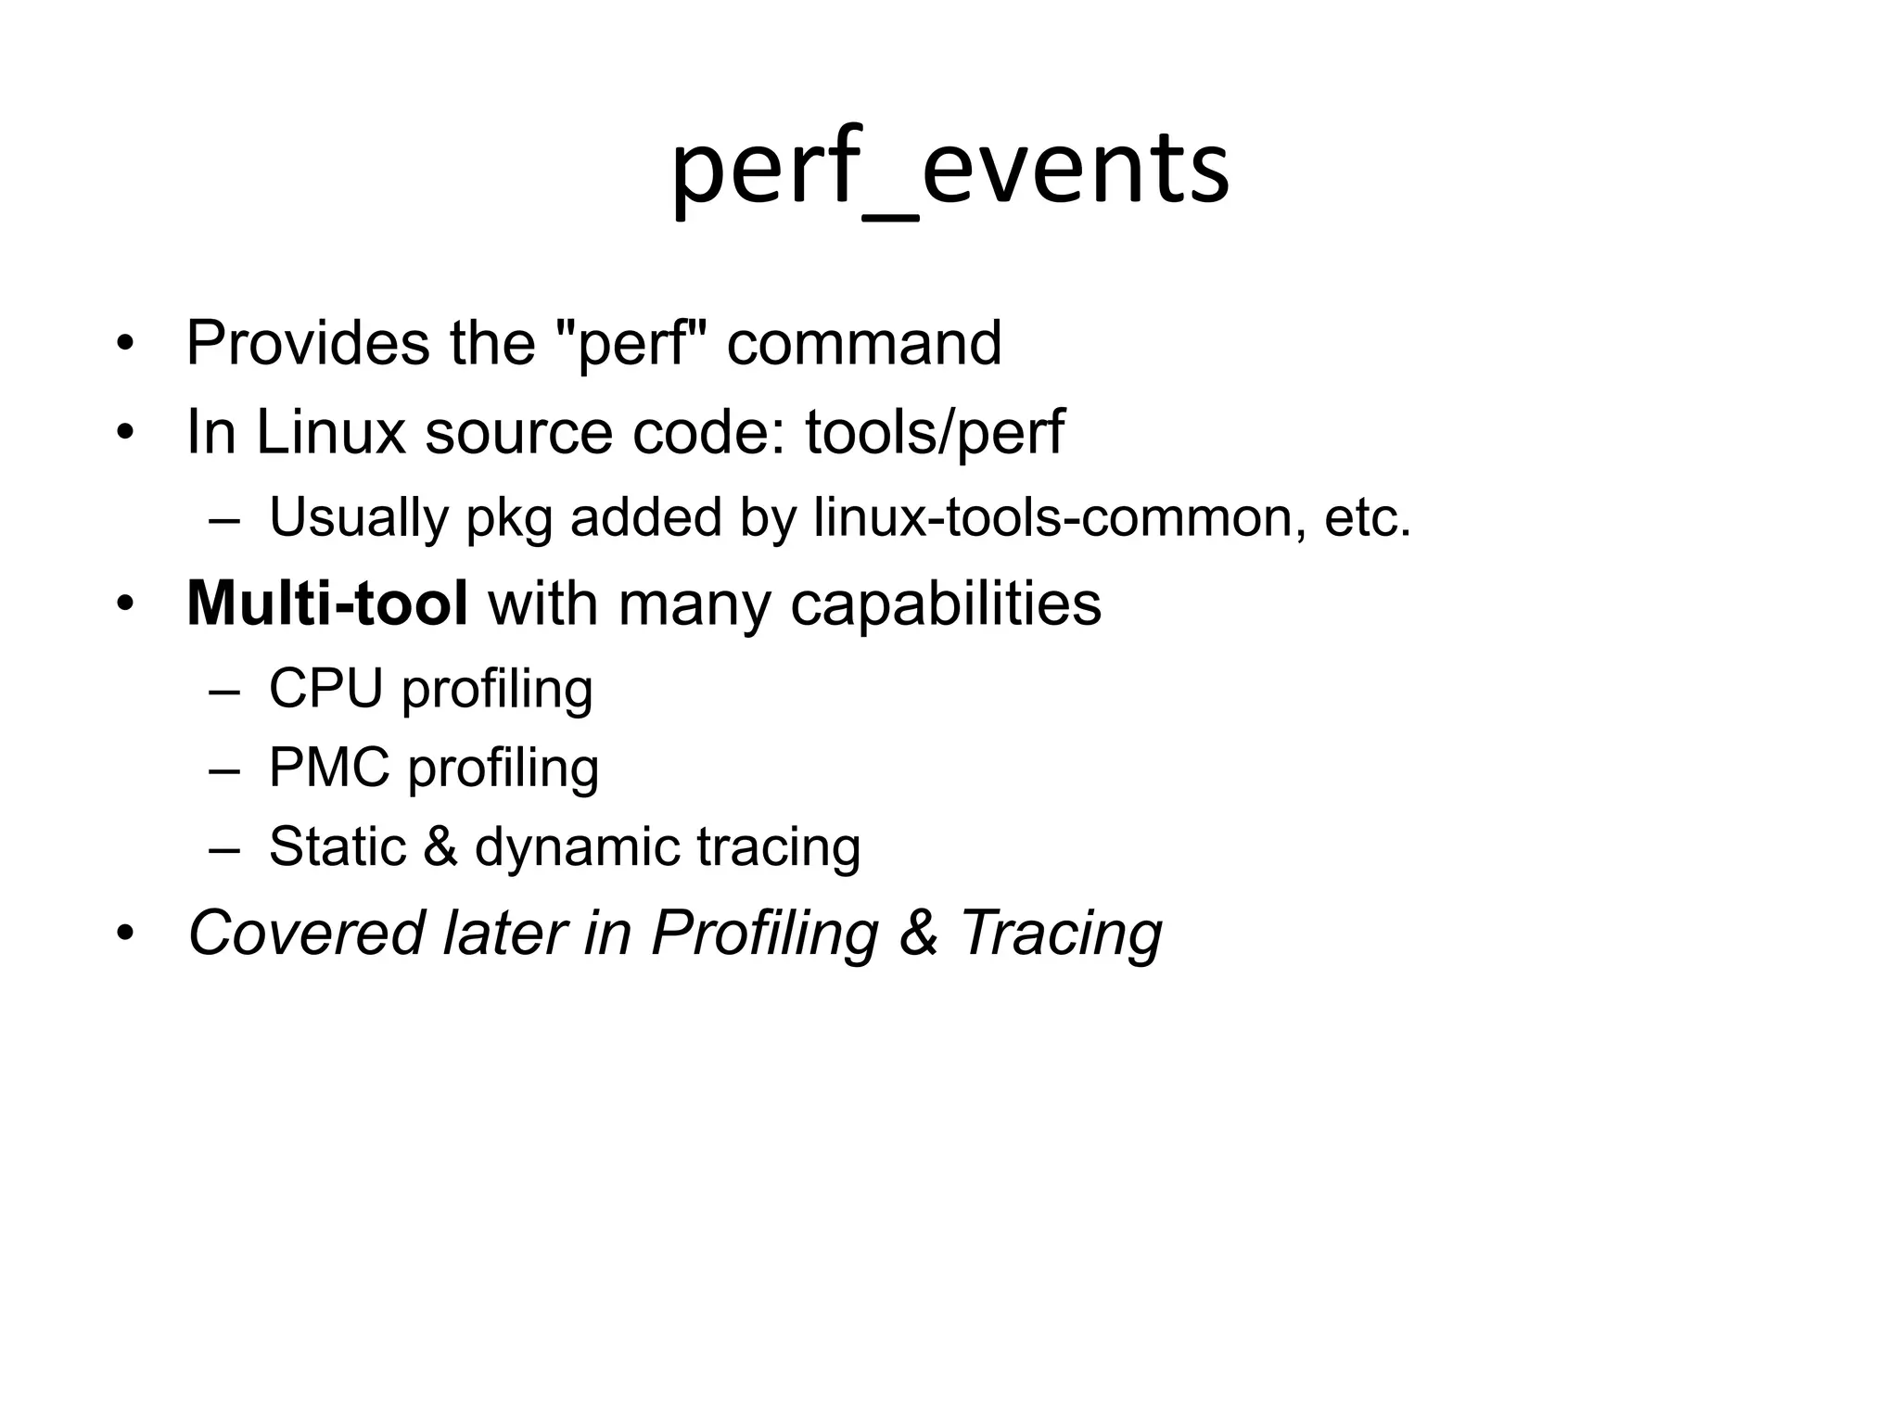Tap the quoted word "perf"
(635, 344)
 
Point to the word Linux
(330, 432)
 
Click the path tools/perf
(934, 432)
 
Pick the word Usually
(358, 517)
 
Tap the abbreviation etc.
(1367, 517)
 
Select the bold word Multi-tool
(327, 604)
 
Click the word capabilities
(946, 604)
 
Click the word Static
(338, 846)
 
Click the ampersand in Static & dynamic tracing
(440, 846)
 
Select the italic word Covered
(306, 933)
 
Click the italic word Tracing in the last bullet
(1060, 933)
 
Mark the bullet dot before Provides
(125, 346)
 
